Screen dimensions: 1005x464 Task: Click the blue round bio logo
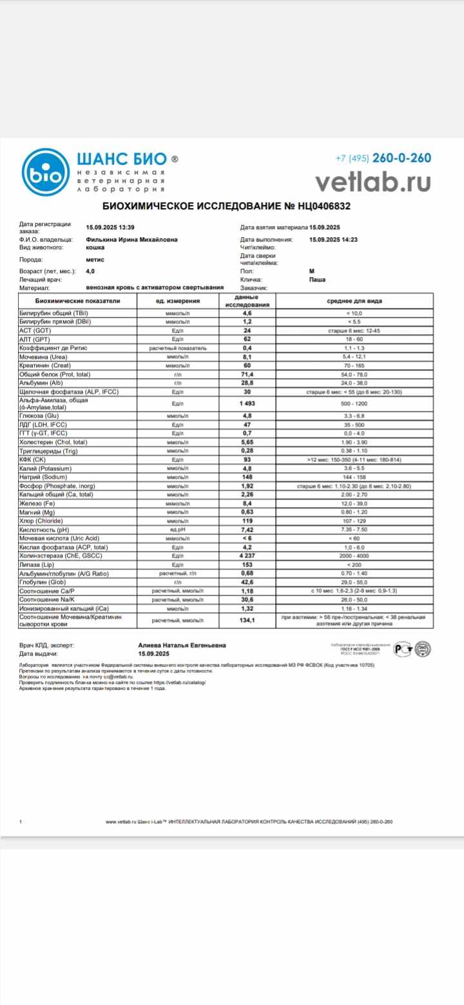tap(44, 173)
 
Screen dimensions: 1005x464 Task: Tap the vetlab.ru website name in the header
tap(372, 182)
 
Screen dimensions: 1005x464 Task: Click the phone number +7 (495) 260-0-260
tap(383, 158)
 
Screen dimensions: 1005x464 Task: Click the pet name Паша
tap(317, 280)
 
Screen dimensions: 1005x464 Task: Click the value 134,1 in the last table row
tap(247, 621)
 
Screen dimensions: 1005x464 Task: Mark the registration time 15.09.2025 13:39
tap(110, 227)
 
